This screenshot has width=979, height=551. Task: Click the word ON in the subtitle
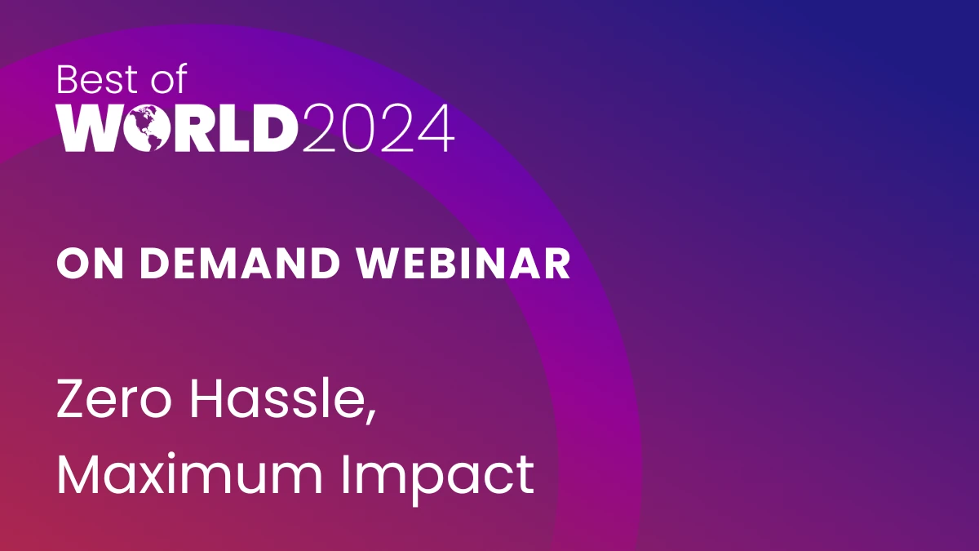coord(82,264)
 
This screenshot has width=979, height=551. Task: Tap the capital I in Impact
coord(346,474)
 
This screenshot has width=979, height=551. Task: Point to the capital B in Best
coord(68,80)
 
